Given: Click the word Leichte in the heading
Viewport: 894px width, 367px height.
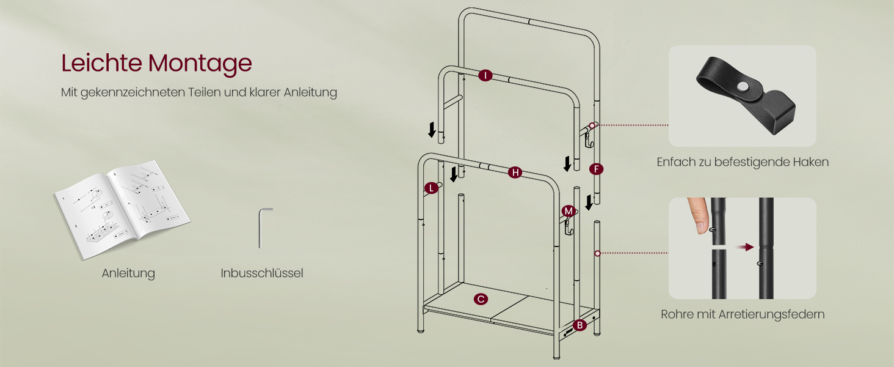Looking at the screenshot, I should [101, 63].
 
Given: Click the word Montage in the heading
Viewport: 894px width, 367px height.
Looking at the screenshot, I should [200, 64].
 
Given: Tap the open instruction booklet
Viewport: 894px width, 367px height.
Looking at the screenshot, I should [122, 209].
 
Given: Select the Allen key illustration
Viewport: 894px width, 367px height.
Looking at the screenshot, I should [263, 228].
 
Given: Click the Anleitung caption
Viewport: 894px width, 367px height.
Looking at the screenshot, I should [128, 273].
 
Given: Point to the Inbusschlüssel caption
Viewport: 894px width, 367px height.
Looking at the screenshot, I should [262, 273].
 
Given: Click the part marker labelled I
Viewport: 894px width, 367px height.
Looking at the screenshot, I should [485, 76].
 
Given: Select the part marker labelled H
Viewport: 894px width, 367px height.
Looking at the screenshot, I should [515, 172].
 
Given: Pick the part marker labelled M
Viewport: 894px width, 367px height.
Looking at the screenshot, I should [569, 211].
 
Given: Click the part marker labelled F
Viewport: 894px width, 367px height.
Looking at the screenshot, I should [596, 169].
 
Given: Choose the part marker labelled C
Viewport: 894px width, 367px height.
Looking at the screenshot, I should [481, 299].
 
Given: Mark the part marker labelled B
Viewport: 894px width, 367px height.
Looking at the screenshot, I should [580, 325].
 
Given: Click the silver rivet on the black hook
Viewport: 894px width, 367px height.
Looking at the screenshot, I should [743, 87].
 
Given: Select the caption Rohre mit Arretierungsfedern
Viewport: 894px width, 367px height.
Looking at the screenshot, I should [743, 314].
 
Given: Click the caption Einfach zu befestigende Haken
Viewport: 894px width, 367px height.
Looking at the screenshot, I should [743, 162].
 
